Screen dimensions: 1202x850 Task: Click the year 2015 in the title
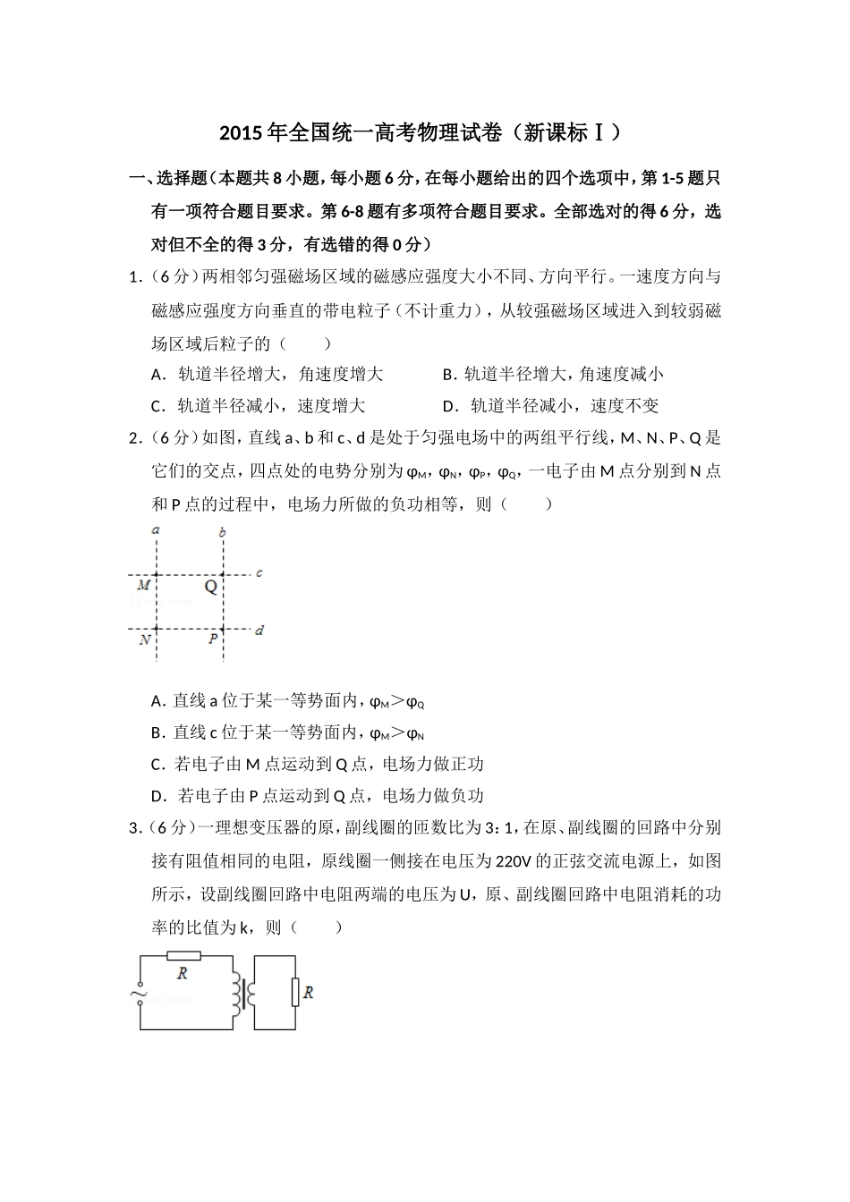(239, 134)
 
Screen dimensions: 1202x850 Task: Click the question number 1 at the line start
(134, 276)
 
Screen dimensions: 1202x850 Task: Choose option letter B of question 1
(448, 375)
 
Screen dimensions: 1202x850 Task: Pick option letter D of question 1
(449, 406)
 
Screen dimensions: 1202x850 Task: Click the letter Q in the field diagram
(211, 587)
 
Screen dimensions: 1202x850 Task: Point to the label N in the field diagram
(144, 640)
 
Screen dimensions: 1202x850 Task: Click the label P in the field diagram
(213, 639)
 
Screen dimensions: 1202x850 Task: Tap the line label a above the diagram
(157, 530)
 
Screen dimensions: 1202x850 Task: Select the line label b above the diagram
(223, 532)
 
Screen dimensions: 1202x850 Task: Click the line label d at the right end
(259, 631)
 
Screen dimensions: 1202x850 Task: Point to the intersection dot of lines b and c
(223, 574)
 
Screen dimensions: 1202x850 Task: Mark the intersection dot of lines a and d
(157, 629)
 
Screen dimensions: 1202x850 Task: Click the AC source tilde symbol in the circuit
(140, 992)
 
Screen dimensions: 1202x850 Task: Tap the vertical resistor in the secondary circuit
(294, 992)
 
